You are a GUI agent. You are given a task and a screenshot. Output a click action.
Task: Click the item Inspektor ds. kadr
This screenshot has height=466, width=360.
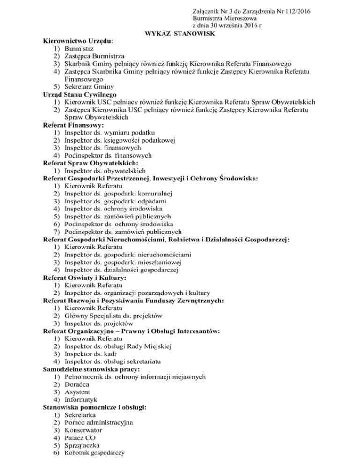(93, 354)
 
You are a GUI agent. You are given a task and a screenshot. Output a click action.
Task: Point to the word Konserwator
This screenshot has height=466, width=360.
(84, 430)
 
